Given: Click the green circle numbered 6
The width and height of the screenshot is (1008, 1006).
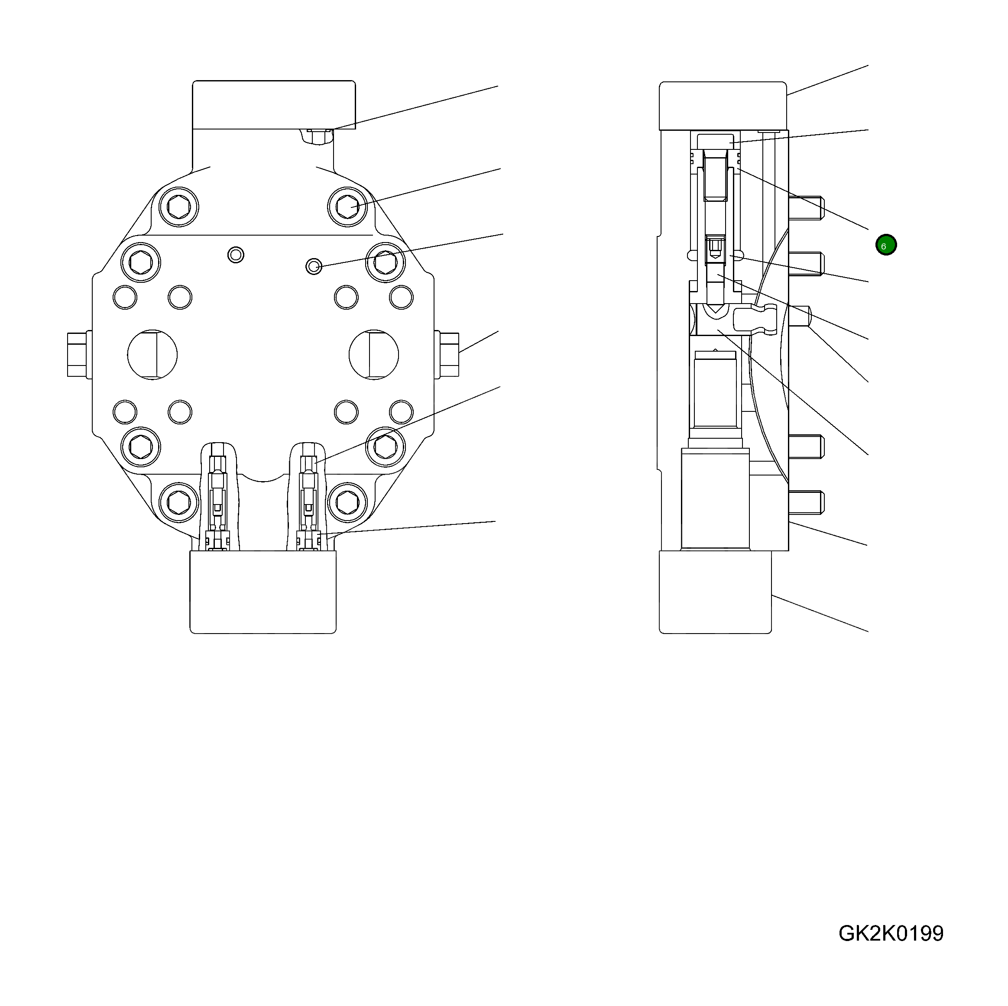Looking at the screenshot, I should pos(886,245).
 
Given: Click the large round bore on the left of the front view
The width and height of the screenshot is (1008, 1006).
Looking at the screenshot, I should pos(152,355).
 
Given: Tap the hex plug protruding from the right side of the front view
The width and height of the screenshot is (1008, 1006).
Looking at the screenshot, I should pos(447,355).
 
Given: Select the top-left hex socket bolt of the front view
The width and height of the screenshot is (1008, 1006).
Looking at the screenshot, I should pos(179,207).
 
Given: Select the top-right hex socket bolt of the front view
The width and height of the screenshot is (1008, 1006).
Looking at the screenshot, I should pos(347,207).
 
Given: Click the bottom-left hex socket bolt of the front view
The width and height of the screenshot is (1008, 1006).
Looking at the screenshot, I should pos(179,501).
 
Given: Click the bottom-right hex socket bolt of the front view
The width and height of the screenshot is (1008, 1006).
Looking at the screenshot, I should pos(347,501).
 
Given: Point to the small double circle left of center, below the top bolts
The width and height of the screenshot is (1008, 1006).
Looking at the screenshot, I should pos(236,255).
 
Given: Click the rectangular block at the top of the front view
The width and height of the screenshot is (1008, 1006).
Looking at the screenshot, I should pos(273,104).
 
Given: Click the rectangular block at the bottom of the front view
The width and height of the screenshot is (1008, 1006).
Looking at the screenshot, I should pos(263,592).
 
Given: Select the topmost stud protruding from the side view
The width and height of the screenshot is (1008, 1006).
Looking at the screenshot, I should pos(806,207).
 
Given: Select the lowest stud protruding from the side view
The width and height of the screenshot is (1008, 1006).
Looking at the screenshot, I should pos(806,502).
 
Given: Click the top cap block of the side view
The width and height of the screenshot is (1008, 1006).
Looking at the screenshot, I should pos(723,106).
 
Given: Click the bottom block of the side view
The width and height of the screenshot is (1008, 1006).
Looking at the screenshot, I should pos(715,592).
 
